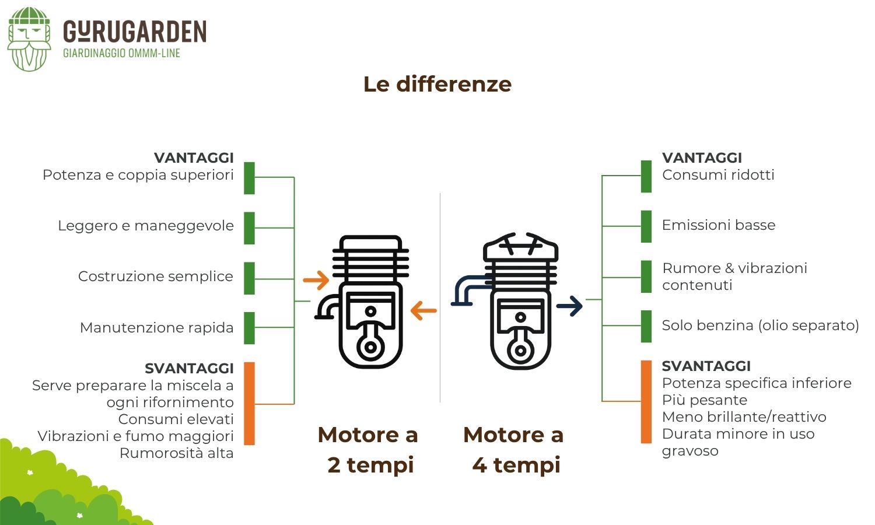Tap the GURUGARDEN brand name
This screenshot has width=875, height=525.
coord(135,32)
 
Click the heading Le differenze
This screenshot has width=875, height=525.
coord(437,84)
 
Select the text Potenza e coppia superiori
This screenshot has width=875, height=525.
coord(138,175)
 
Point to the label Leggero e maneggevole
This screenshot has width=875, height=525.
coord(146,226)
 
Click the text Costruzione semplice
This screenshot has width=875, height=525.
coord(156,276)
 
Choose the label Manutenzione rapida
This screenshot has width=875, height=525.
coord(157,328)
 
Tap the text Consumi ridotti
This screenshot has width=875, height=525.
coord(718,175)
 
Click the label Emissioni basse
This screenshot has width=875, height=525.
coord(719,225)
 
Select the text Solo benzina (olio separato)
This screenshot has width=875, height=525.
coord(760,325)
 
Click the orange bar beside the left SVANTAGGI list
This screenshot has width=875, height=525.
coord(249,404)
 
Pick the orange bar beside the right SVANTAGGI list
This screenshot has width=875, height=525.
coord(646,401)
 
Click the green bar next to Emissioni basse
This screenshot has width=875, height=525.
coord(646,226)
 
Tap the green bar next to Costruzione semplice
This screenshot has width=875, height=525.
coord(249,278)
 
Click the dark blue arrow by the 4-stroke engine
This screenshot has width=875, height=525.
coord(570,306)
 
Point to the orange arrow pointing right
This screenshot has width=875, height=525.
coord(316,280)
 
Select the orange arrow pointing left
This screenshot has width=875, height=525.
coord(423,310)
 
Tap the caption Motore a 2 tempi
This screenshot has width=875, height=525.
coord(369,450)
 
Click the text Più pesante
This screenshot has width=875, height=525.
coord(704,400)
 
